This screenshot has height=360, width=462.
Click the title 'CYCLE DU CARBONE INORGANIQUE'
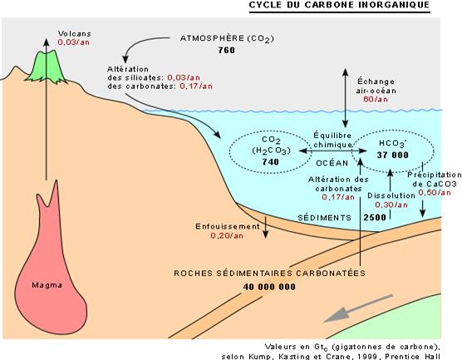point(339,5)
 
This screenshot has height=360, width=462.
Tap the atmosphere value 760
point(227,50)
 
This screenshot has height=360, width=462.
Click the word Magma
point(47,285)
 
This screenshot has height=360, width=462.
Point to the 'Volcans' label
point(75,33)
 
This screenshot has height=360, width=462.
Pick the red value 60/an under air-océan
point(376,99)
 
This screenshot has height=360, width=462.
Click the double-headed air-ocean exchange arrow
point(346,98)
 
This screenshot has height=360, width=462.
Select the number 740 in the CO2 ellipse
point(271,162)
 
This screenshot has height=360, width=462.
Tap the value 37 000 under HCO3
point(393,155)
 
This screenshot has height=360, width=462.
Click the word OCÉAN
point(332,163)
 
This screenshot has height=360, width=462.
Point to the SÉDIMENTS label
point(324,218)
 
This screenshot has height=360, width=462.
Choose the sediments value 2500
point(375,218)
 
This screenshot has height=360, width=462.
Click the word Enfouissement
point(228,226)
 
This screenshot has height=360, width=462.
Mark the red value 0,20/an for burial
point(227,235)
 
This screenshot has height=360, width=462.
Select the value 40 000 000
point(269,287)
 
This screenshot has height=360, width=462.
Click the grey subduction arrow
point(358,308)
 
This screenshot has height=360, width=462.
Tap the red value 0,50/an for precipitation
point(435,193)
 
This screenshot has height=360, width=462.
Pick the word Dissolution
point(391,195)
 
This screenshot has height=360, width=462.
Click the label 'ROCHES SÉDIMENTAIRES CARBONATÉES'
point(269,273)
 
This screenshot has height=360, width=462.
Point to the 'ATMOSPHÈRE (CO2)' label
point(227,38)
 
